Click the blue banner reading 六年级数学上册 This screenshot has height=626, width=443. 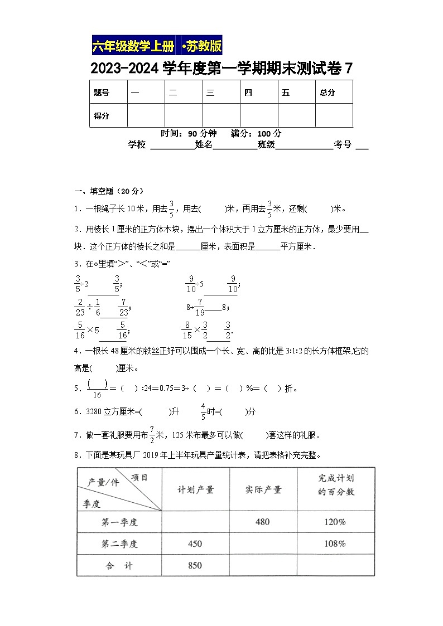tap(134, 46)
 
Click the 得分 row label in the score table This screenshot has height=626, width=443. tap(102, 116)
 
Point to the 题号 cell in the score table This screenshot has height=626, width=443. tap(102, 93)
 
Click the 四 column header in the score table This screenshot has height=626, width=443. tap(248, 93)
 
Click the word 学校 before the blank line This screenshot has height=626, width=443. tap(137, 145)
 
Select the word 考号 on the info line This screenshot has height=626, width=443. tap(343, 145)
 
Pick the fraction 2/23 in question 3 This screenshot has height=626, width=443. tap(79, 306)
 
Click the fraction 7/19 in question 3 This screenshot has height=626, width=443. tap(200, 306)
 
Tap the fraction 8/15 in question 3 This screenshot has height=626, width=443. tap(187, 331)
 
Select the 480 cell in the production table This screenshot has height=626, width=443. tap(262, 522)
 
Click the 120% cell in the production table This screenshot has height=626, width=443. tap(335, 522)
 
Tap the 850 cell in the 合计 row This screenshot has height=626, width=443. tap(195, 565)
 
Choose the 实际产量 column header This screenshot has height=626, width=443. tap(263, 489)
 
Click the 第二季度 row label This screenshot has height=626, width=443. tap(119, 544)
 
